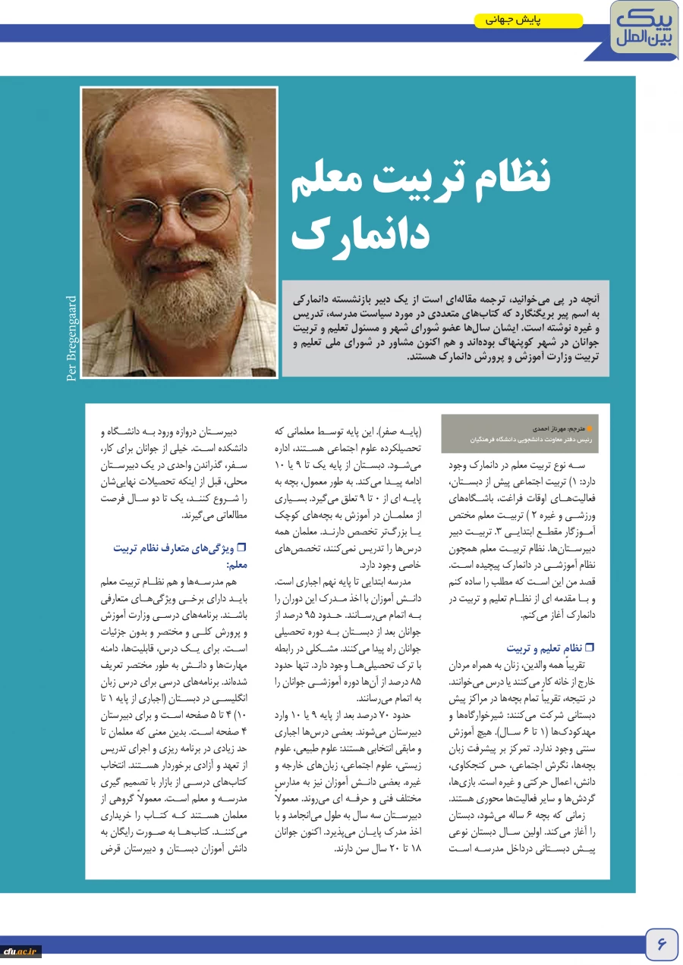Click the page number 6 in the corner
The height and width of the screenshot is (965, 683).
(661, 945)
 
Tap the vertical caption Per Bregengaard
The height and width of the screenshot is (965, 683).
(72, 338)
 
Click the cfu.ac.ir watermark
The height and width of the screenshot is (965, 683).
(20, 951)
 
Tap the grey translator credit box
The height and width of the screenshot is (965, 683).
(520, 434)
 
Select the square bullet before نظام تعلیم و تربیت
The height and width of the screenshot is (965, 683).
(589, 648)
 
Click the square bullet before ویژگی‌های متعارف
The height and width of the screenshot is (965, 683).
(243, 547)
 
